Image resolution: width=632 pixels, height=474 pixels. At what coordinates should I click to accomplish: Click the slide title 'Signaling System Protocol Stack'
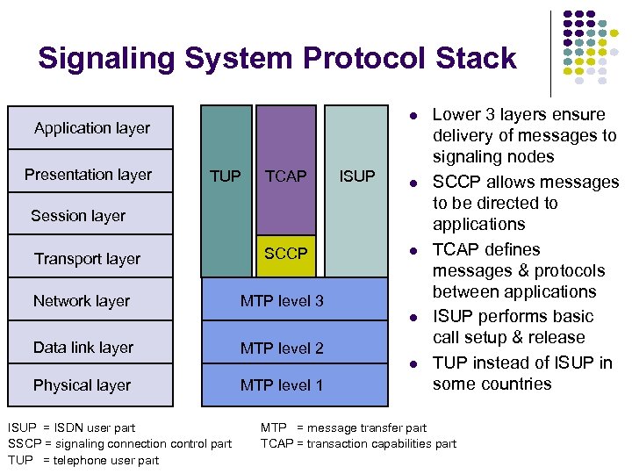click(x=277, y=59)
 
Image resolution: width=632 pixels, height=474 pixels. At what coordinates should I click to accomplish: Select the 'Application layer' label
click(x=92, y=128)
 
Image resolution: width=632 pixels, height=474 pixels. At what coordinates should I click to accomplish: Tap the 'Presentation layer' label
click(x=88, y=175)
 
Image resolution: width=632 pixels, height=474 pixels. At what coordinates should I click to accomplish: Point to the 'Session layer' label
click(x=78, y=216)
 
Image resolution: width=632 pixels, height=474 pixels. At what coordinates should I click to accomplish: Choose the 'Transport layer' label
click(x=87, y=259)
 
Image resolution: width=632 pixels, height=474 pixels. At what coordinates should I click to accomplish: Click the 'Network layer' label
click(x=82, y=301)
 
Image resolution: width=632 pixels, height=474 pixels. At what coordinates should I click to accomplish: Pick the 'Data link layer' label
click(x=83, y=348)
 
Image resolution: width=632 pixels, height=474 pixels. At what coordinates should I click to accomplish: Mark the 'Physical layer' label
click(x=82, y=385)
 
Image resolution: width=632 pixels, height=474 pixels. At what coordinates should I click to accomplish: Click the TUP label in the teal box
click(x=226, y=176)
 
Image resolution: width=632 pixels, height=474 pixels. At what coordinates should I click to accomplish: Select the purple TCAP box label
click(x=286, y=176)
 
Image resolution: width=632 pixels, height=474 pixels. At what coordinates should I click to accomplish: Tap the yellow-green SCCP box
click(x=286, y=254)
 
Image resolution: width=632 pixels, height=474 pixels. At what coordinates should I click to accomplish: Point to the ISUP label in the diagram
click(x=357, y=176)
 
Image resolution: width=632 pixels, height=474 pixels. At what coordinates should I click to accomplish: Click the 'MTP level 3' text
click(x=282, y=301)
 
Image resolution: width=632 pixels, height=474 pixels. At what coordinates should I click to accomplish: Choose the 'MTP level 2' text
click(x=282, y=348)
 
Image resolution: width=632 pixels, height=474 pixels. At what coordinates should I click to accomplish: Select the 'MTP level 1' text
click(x=282, y=385)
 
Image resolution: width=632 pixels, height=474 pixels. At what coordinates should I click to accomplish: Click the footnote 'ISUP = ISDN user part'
click(x=71, y=428)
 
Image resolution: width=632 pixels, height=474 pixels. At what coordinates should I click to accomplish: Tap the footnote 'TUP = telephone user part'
click(x=83, y=460)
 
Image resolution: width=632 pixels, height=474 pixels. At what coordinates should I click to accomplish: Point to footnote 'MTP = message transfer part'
click(x=343, y=428)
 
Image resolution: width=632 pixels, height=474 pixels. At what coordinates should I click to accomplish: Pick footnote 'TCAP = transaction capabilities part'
click(x=358, y=443)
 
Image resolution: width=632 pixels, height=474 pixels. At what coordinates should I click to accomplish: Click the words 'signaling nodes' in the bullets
click(x=493, y=157)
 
